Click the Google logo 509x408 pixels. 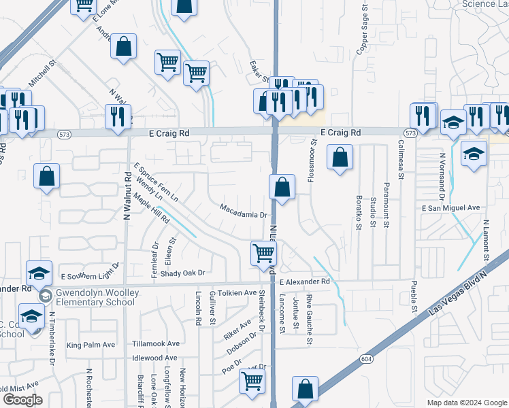[22, 399]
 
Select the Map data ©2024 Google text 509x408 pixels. [467, 402]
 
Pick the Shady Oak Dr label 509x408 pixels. [182, 273]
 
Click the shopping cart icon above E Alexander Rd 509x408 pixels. [263, 253]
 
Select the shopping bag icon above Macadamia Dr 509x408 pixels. [282, 187]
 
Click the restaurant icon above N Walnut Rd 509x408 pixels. [118, 116]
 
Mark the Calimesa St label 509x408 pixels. [401, 159]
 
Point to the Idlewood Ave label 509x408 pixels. [155, 358]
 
